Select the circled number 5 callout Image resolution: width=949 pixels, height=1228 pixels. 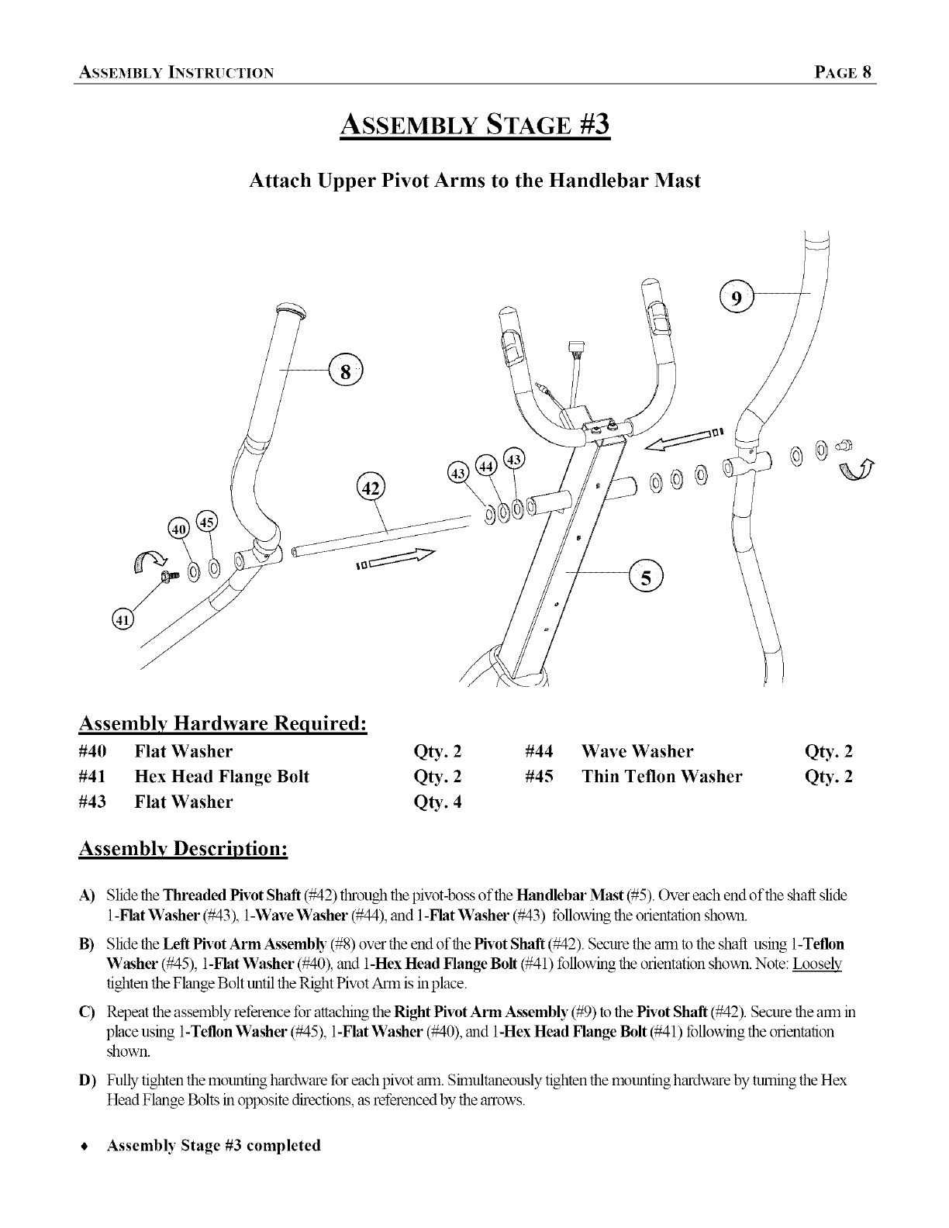click(x=645, y=575)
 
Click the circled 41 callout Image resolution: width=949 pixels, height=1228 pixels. click(x=123, y=619)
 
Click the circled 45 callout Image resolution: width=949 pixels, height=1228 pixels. click(x=207, y=522)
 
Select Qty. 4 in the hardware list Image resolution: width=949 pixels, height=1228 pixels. click(x=439, y=802)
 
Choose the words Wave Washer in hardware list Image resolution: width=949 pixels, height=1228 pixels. click(x=637, y=751)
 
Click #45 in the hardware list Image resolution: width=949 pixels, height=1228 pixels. click(x=539, y=777)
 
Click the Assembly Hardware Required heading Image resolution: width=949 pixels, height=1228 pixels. click(x=223, y=723)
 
